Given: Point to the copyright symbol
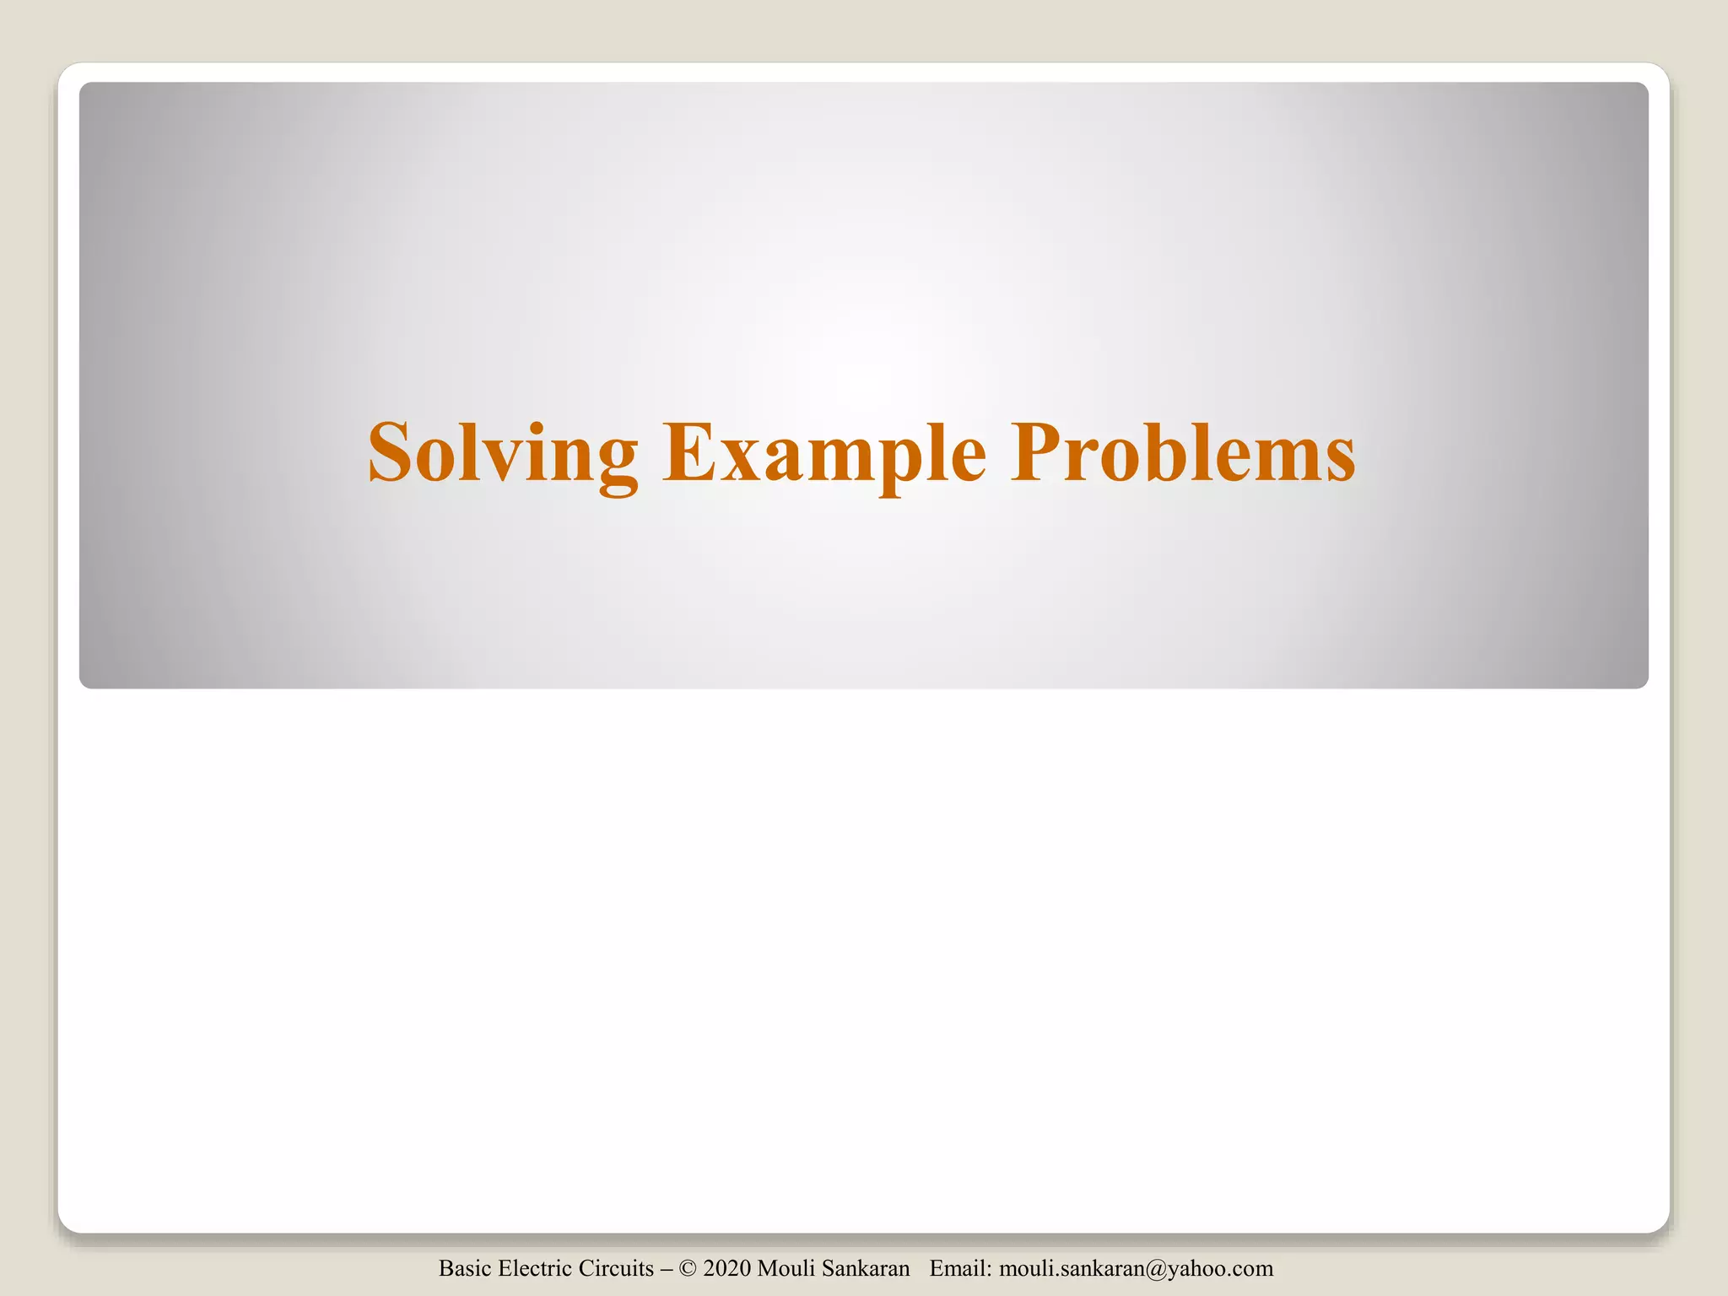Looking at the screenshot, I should click(x=688, y=1268).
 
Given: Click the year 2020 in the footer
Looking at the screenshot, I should click(x=726, y=1268).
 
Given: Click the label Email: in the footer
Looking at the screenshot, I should click(x=960, y=1268).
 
